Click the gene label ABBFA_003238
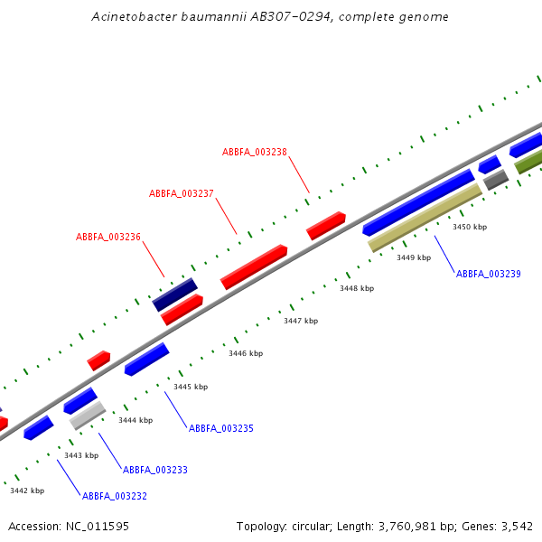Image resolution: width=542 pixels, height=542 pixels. click(x=255, y=152)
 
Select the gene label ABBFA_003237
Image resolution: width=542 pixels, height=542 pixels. click(x=182, y=193)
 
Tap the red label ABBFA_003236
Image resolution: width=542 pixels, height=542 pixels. click(x=108, y=237)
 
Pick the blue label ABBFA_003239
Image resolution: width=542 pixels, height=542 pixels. click(x=489, y=274)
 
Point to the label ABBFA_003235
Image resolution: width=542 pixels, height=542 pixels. click(x=221, y=428)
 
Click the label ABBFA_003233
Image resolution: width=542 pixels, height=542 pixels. click(x=155, y=470)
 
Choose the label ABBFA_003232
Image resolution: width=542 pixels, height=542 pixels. click(x=115, y=496)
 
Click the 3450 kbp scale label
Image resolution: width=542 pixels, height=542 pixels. click(x=470, y=228)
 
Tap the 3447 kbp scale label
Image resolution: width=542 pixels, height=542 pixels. click(x=301, y=321)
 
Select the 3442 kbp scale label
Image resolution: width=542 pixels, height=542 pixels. click(x=27, y=491)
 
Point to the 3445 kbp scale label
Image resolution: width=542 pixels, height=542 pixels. click(x=191, y=387)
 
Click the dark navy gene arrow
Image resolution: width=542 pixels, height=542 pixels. click(x=175, y=294)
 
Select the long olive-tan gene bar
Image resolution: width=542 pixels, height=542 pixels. click(x=425, y=218)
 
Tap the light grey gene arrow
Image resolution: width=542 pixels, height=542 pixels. click(x=88, y=415)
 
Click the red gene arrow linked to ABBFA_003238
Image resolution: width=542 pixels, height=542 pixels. click(x=326, y=225)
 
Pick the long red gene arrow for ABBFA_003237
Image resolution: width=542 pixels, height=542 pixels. click(x=254, y=266)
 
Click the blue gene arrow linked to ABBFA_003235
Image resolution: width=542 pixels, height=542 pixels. click(x=146, y=359)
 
